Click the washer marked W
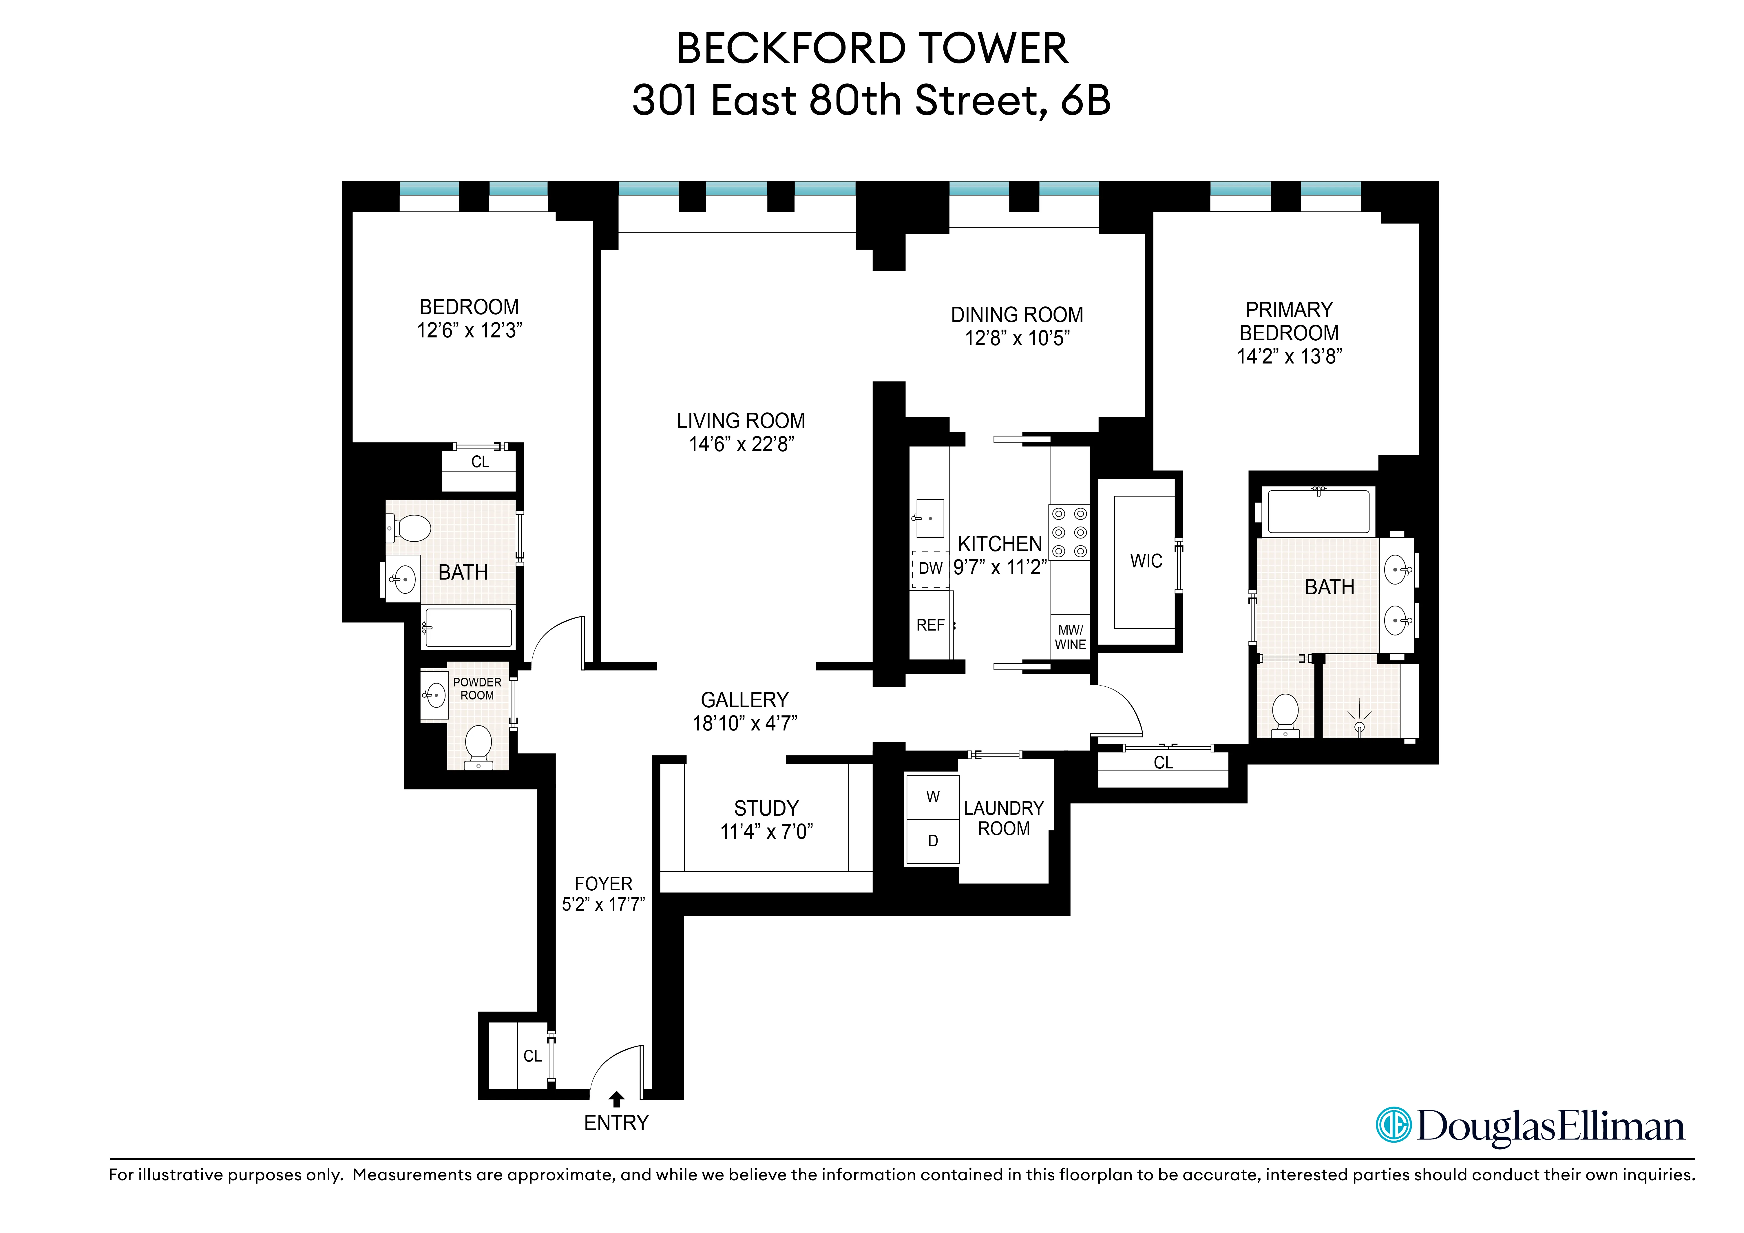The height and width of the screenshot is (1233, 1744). [933, 797]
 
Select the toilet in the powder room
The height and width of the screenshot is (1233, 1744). [478, 744]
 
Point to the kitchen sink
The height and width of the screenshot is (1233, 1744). [930, 518]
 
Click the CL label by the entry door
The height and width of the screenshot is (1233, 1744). [532, 1056]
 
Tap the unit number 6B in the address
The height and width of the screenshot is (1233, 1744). [1085, 100]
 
